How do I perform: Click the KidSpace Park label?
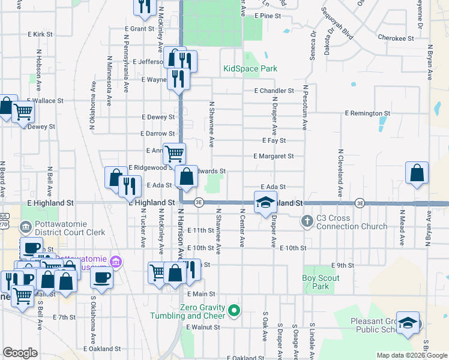click(x=250, y=69)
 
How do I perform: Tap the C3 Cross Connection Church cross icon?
click(x=307, y=221)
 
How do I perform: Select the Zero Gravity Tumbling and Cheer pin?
click(x=235, y=310)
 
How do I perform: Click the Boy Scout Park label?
click(x=321, y=282)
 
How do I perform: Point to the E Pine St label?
click(x=268, y=16)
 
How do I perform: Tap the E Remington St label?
click(x=367, y=113)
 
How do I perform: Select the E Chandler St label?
click(x=274, y=91)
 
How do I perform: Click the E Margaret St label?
click(x=273, y=156)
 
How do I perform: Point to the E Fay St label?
click(x=274, y=140)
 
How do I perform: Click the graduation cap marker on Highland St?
click(x=265, y=202)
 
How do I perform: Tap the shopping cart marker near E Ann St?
click(x=174, y=154)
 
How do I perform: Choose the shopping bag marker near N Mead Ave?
click(x=417, y=173)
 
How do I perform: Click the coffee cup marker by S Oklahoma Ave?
click(x=101, y=277)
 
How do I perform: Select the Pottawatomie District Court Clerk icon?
click(x=26, y=227)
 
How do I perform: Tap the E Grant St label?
click(x=140, y=29)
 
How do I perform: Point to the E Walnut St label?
click(x=203, y=327)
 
